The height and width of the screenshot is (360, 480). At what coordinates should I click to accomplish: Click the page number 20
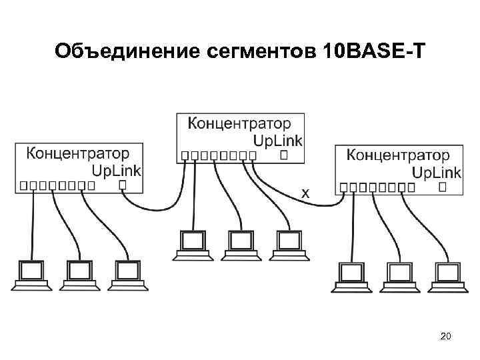pos(446,338)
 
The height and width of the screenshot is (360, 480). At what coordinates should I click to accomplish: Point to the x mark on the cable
pos(305,193)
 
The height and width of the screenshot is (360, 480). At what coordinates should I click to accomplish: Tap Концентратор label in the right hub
pos(398,155)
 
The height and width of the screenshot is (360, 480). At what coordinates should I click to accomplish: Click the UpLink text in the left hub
pos(116,170)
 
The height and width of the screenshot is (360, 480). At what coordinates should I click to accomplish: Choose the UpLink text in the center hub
pos(278,140)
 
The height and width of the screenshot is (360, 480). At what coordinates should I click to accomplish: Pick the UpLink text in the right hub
pos(436,173)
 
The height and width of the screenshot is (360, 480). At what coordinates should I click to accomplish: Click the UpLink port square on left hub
pos(123,185)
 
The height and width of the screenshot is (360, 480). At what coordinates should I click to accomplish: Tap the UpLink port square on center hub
pos(284,155)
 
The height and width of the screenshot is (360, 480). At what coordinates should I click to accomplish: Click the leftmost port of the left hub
pos(24,185)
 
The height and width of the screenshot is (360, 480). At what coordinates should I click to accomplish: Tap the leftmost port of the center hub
pos(185,155)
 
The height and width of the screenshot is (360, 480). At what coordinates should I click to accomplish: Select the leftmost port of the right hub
pos(344,188)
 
